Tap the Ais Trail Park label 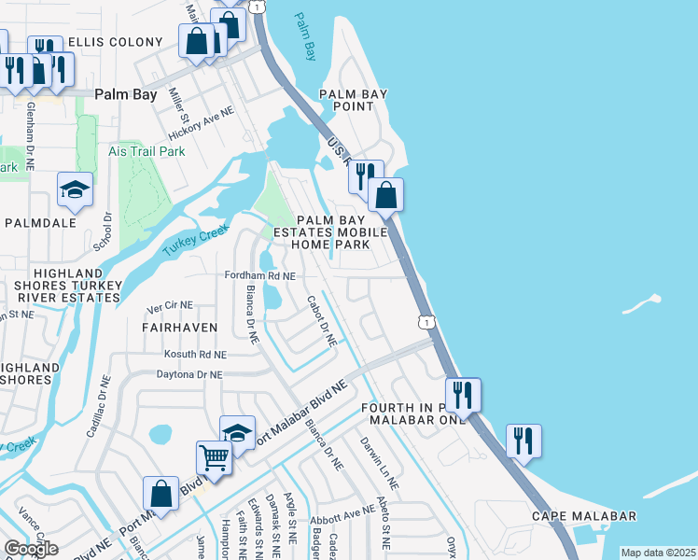[x=147, y=151]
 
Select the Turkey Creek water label [x=195, y=241]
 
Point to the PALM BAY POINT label [x=353, y=101]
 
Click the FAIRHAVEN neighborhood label [x=179, y=328]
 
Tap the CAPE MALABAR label [x=584, y=516]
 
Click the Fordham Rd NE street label [x=260, y=276]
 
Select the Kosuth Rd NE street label [x=194, y=355]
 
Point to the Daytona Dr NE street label [x=190, y=374]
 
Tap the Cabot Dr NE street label [x=322, y=322]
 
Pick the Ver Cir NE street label [x=171, y=305]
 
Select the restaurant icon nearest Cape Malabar [x=523, y=440]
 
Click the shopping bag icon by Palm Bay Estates [x=385, y=195]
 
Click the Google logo [x=31, y=549]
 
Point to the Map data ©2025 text [x=658, y=553]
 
